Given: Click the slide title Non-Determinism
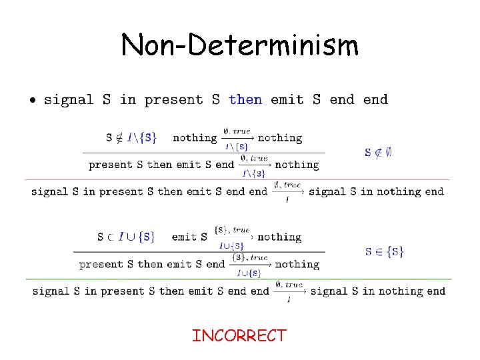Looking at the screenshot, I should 240,45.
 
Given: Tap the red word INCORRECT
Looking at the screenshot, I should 239,336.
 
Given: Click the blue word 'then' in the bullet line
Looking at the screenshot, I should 245,100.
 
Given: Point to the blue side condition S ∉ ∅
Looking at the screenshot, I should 378,152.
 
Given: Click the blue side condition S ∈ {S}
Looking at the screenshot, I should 384,251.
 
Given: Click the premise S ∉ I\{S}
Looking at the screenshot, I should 131,138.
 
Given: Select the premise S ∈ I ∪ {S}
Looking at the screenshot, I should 126,237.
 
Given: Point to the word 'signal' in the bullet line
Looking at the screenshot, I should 69,100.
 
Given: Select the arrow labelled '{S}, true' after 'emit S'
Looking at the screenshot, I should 232,238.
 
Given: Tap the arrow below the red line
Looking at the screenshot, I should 287,192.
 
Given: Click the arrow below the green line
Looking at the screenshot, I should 289,291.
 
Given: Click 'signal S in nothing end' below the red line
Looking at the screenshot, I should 377,191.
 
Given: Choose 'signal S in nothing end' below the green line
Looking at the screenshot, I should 378,291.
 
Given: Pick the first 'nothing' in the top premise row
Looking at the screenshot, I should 195,138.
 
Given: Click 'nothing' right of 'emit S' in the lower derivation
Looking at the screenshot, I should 279,237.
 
